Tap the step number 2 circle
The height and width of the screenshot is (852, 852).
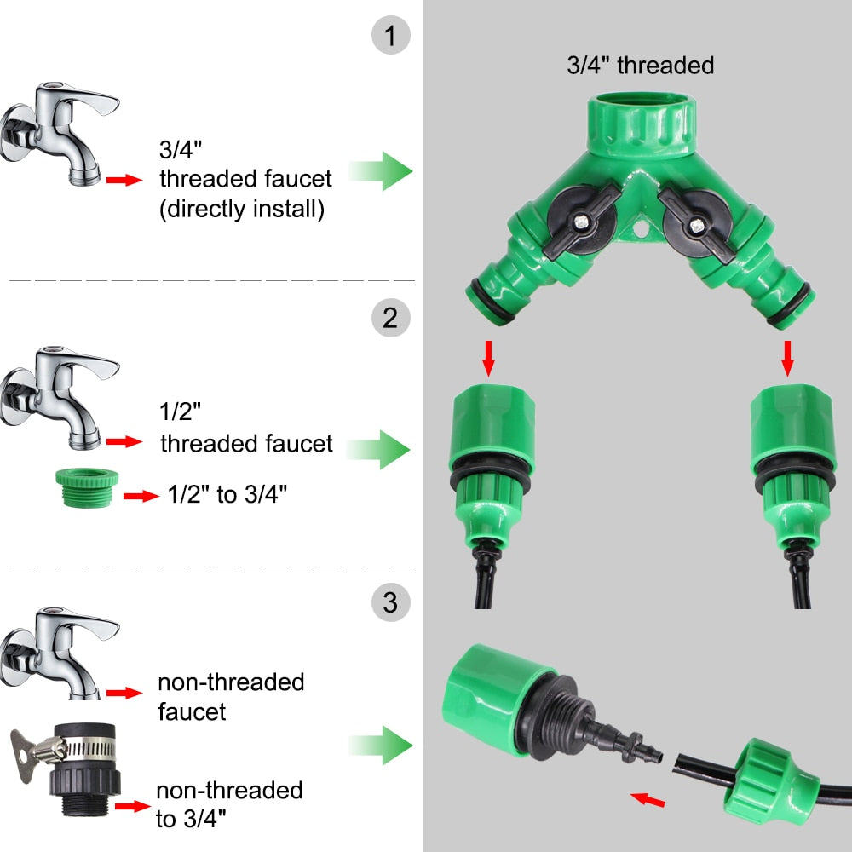click(x=391, y=319)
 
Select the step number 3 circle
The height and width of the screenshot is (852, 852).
click(x=391, y=603)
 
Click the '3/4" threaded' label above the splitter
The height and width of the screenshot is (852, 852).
click(x=640, y=65)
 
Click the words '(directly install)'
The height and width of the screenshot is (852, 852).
click(x=242, y=210)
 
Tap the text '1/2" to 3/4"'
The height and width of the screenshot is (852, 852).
click(x=227, y=495)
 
